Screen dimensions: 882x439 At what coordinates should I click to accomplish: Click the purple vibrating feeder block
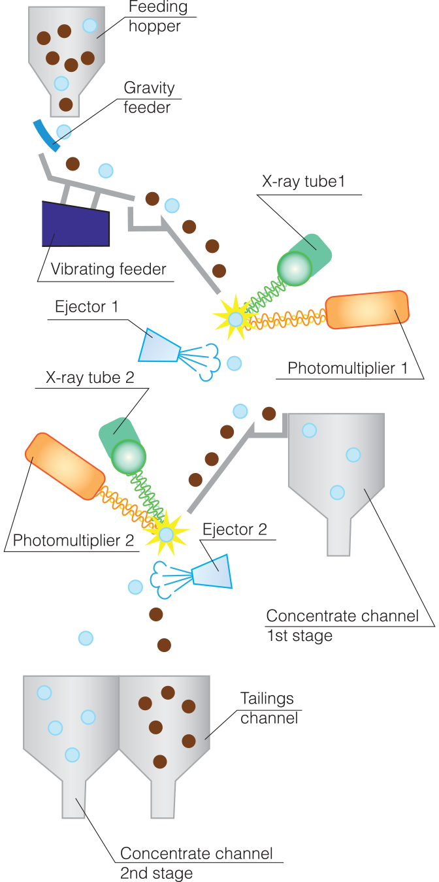[x=75, y=224]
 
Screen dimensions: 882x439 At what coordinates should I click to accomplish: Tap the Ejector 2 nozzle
[x=213, y=572]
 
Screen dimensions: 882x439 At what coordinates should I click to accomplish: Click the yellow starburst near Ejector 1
[x=234, y=318]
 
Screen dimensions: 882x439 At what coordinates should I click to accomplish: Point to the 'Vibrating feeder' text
[x=108, y=269]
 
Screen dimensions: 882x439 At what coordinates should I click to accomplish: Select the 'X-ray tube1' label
[x=303, y=182]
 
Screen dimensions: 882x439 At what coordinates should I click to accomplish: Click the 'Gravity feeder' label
[x=148, y=97]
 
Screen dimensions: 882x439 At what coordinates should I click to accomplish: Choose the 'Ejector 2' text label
[x=235, y=529]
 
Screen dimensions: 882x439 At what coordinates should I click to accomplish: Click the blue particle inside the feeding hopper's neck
[x=61, y=83]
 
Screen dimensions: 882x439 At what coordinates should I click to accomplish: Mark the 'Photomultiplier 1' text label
[x=348, y=368]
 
